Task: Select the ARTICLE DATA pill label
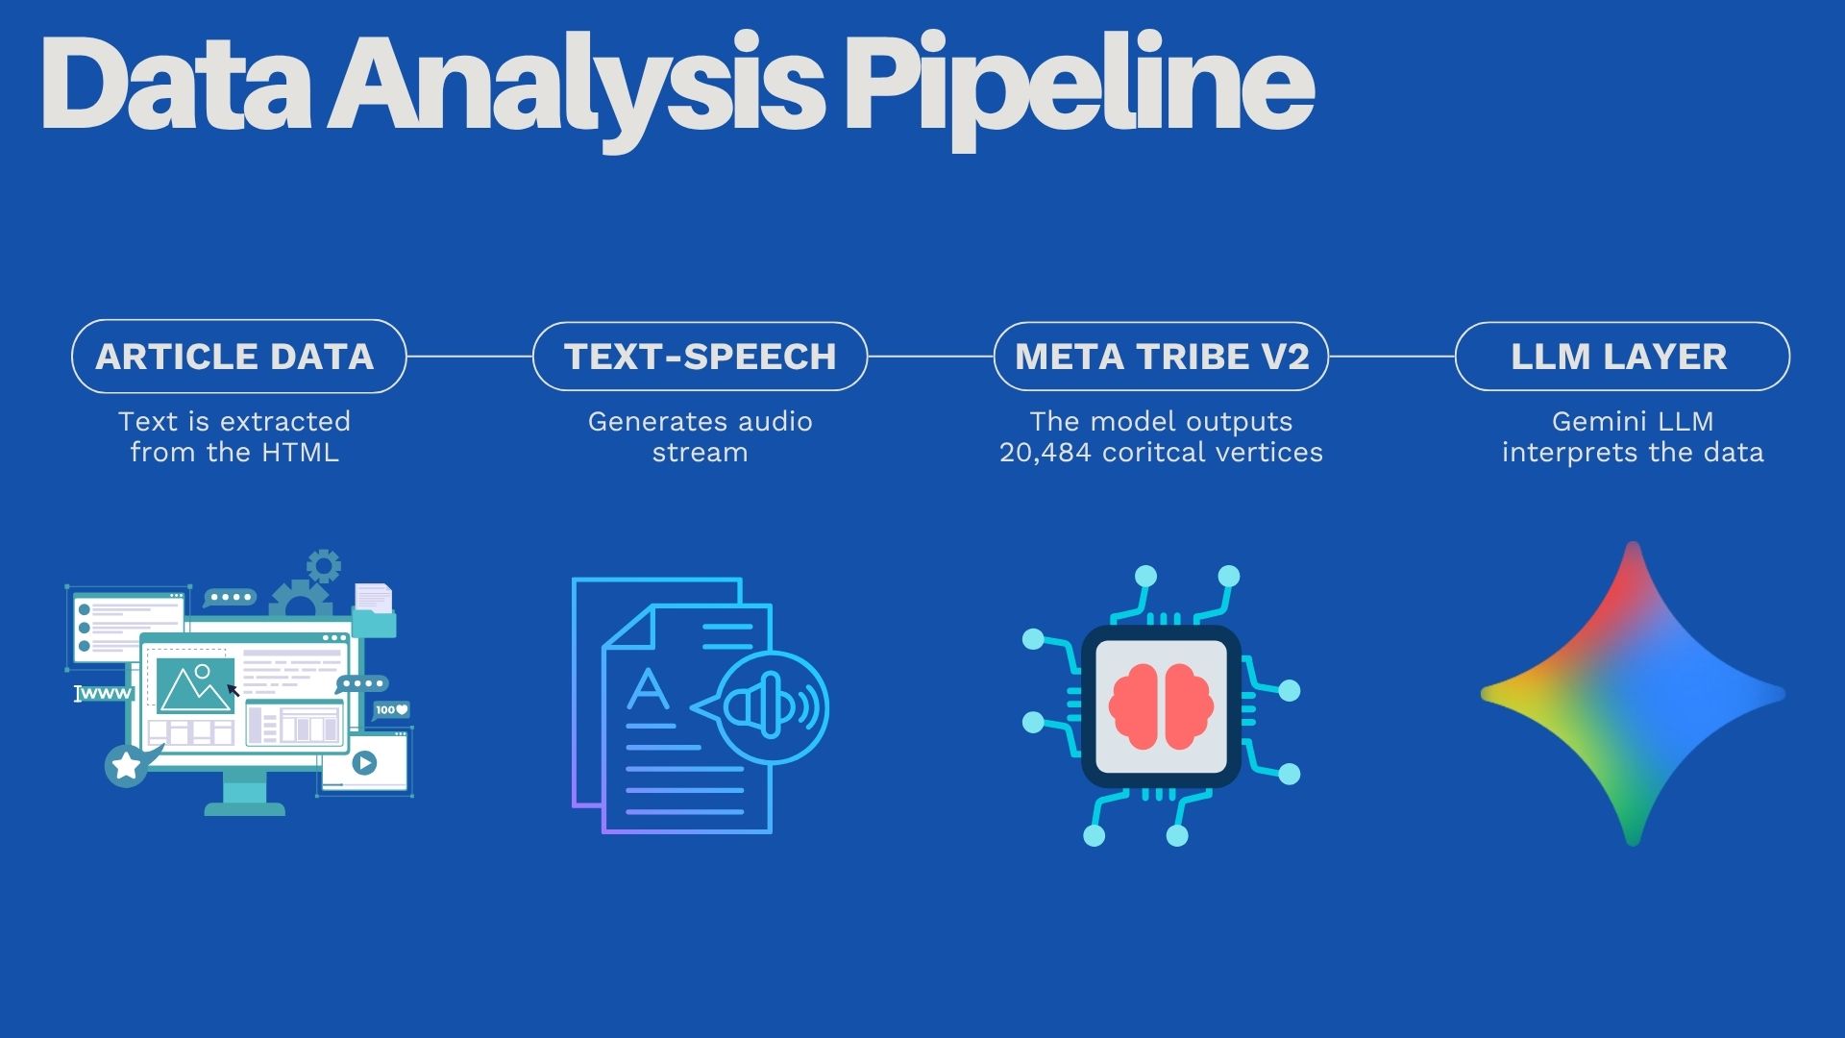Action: point(235,357)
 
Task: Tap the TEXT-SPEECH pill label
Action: point(701,357)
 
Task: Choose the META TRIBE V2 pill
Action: point(1162,357)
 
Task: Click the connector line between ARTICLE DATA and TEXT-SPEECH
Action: point(469,356)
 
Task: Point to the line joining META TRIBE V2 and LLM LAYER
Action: point(1391,356)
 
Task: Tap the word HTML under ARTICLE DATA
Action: point(300,453)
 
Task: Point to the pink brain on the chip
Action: point(1161,705)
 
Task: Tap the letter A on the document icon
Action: point(648,690)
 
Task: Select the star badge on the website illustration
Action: point(126,766)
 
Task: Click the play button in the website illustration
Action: point(364,763)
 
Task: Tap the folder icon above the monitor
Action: point(374,611)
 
